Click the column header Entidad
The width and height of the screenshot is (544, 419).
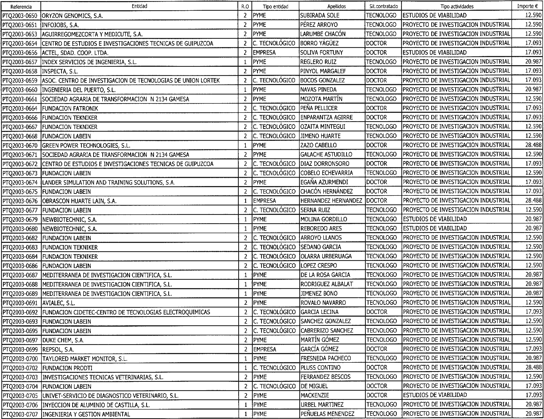139,6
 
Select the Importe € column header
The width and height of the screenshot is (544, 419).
527,6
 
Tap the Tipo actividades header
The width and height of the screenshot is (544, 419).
457,6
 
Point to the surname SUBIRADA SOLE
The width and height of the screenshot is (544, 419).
320,15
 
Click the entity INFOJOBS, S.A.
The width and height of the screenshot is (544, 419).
61,25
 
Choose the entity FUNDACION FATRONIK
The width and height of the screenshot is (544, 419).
70,109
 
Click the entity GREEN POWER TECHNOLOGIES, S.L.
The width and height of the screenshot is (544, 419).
86,146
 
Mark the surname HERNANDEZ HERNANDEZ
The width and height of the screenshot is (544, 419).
331,201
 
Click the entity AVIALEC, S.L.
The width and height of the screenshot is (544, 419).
59,303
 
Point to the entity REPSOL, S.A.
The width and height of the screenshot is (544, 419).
58,349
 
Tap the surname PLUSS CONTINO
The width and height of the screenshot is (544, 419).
321,368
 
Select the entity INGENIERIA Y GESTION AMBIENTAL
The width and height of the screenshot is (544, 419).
86,414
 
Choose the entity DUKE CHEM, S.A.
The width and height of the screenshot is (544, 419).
63,340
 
